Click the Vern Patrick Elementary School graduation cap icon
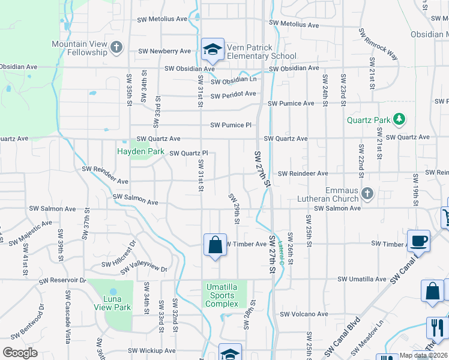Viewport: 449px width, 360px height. (212, 50)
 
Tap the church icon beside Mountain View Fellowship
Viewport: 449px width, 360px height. (116, 46)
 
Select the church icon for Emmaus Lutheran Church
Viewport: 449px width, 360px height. (368, 193)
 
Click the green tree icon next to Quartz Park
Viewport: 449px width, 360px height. (399, 120)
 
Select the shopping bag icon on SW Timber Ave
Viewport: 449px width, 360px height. (215, 245)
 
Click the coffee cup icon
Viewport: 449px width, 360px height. (418, 241)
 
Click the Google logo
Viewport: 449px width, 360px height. (20, 352)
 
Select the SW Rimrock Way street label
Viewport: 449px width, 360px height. (378, 44)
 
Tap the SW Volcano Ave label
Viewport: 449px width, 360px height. (304, 314)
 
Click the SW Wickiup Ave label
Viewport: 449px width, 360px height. (151, 350)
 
